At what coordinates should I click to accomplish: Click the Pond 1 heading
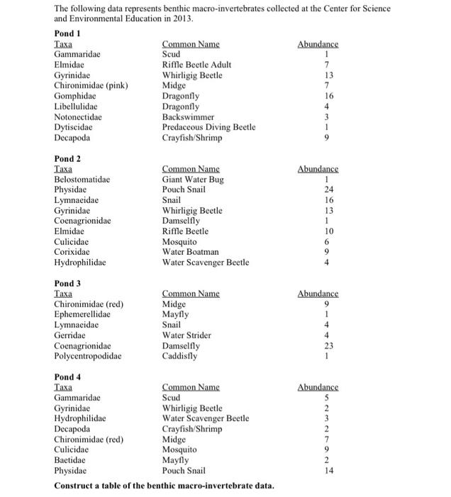[69, 33]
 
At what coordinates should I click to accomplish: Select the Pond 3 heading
[69, 283]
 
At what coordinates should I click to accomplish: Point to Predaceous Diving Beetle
[208, 127]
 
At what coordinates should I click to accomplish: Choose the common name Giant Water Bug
[193, 180]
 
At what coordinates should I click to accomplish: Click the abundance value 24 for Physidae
[328, 190]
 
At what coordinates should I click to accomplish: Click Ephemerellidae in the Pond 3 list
[82, 315]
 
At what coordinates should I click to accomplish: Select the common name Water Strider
[186, 335]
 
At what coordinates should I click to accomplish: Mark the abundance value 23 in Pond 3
[328, 346]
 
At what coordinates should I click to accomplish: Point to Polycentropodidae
[87, 356]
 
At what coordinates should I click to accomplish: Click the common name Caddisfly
[180, 356]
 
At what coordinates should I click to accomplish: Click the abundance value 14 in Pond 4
[328, 471]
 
